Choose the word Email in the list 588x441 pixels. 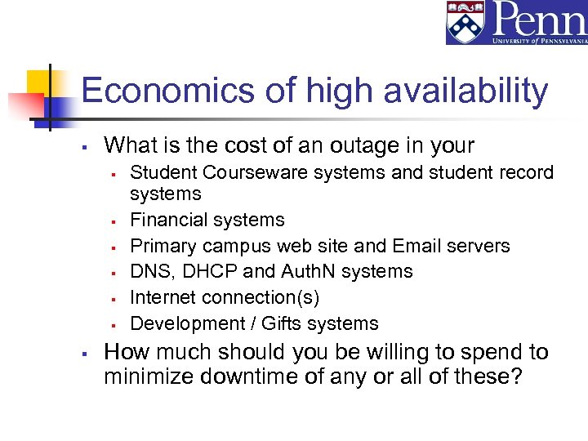pos(420,246)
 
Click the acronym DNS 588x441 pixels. pos(149,271)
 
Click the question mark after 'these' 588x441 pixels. pos(516,377)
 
